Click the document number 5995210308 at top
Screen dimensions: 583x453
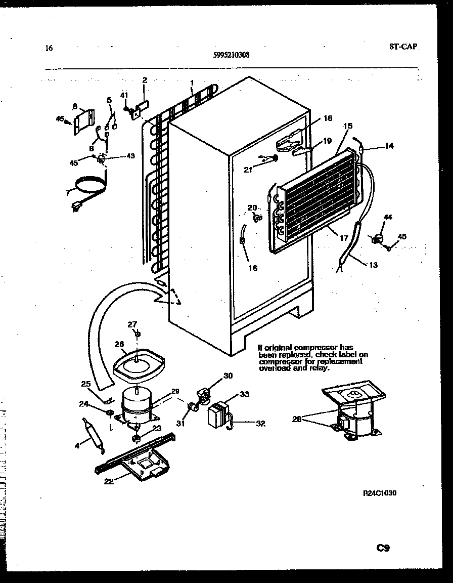(x=231, y=56)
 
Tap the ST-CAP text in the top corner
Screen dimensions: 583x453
(x=403, y=47)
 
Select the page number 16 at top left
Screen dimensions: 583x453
(x=49, y=49)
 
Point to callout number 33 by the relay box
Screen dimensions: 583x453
(x=244, y=395)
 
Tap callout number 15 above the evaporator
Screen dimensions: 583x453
(x=348, y=126)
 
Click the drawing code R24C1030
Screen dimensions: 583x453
(x=379, y=493)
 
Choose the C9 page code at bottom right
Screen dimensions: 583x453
(x=383, y=548)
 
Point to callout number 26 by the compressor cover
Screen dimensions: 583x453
(x=119, y=344)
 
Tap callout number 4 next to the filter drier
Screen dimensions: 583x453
(x=77, y=445)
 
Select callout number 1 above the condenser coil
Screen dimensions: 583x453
(x=192, y=82)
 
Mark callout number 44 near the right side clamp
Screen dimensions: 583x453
(x=387, y=217)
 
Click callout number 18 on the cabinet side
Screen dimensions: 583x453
(x=328, y=118)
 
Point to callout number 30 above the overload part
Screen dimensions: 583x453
(x=228, y=376)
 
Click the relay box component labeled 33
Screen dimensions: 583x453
(x=218, y=414)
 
